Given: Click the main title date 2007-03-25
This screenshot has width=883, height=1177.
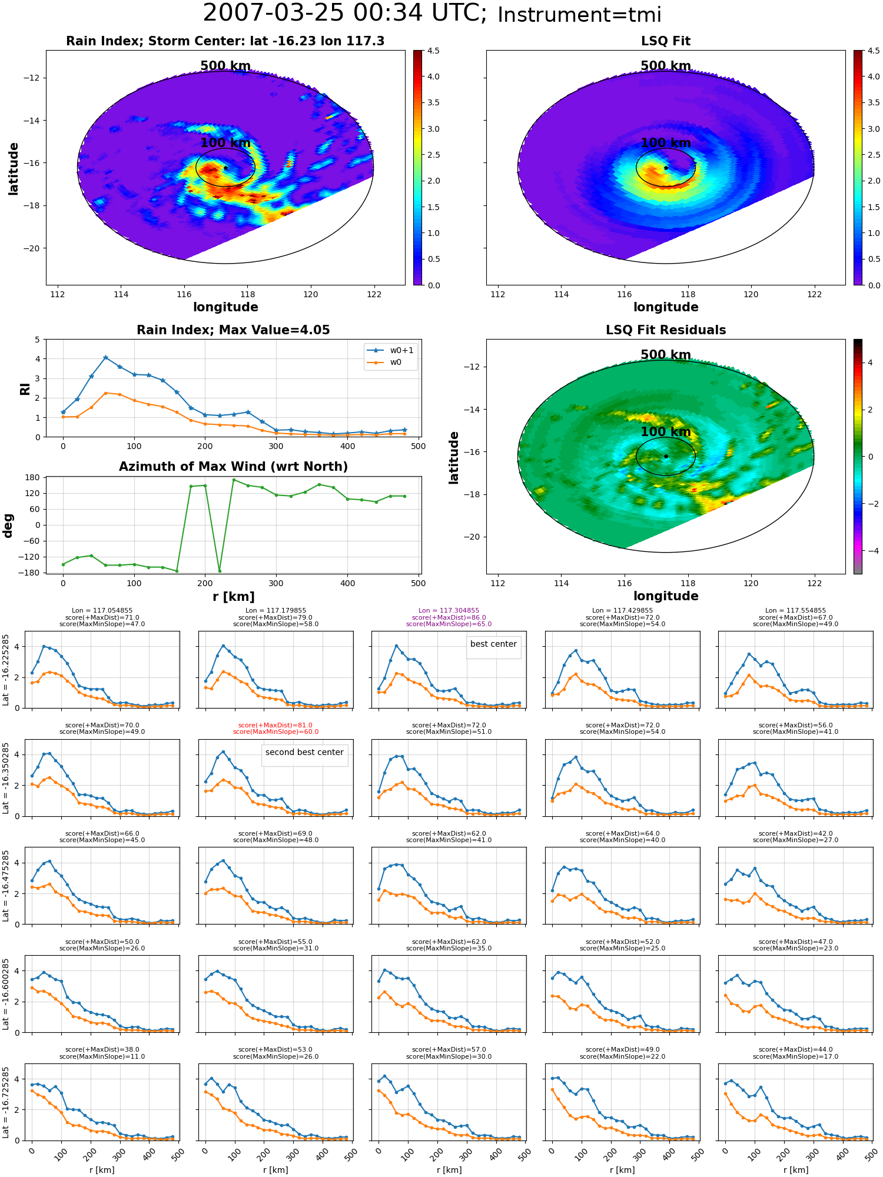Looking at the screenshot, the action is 274,14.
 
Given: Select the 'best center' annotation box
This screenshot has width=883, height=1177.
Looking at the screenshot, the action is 493,644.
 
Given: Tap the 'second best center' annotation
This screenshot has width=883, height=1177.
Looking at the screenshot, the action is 304,753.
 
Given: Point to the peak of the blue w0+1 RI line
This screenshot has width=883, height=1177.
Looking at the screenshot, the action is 105,357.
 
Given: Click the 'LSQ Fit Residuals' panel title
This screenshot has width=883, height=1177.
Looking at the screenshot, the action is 666,330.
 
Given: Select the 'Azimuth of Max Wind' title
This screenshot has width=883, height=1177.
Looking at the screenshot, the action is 233,467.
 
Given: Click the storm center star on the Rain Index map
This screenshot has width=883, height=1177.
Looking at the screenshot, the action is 225,168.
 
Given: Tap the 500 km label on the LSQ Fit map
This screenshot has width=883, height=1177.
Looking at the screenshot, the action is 666,66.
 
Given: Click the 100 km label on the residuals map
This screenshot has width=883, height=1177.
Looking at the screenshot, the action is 666,432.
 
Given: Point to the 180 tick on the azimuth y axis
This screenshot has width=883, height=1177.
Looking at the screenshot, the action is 34,477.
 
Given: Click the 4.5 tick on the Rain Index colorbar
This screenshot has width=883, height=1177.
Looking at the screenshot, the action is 433,51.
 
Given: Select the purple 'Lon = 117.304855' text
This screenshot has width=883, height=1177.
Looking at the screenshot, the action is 449,611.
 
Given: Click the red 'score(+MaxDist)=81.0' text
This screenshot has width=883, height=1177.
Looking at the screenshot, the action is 275,726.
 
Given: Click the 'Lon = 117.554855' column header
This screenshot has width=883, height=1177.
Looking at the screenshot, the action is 795,611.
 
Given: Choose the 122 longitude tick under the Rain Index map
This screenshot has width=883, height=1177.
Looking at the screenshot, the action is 374,295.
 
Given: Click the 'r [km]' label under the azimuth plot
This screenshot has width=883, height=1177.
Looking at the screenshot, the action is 233,597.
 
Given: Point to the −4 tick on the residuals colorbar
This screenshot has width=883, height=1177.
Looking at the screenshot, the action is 869,551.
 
